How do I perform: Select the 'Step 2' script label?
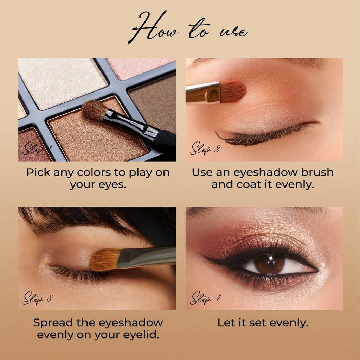(205, 149)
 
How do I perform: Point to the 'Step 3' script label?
(37, 298)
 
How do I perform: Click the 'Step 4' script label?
(205, 298)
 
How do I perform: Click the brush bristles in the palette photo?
(94, 110)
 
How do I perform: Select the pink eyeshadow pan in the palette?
(141, 67)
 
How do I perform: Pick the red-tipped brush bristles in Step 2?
(233, 91)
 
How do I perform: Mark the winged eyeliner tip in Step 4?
(207, 259)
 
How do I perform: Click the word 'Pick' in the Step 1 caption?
(38, 172)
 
